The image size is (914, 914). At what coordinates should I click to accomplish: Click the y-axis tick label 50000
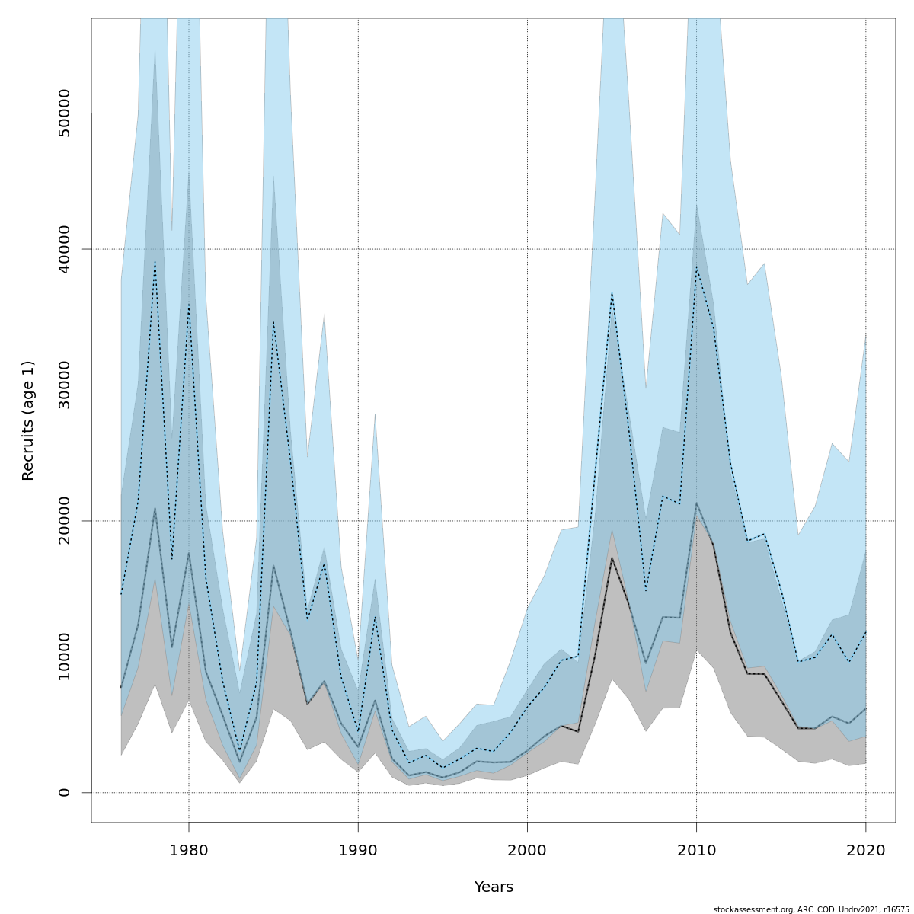point(64,113)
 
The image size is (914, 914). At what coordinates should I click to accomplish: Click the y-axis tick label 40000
point(64,249)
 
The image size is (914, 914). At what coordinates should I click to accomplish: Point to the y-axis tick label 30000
point(64,385)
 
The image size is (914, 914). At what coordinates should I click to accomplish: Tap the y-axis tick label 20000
point(64,521)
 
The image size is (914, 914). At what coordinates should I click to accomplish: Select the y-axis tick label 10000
point(64,657)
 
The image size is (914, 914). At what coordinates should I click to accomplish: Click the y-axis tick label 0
point(64,792)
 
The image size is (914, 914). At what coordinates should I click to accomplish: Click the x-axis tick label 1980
point(189,850)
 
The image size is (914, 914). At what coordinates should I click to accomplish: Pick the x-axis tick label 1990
point(358,850)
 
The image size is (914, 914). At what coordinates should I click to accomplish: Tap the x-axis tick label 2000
point(527,850)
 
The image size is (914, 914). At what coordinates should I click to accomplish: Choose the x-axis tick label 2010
point(696,850)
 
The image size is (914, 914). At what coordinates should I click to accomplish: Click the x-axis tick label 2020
point(865,850)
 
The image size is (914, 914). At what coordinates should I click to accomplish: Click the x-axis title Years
point(494,887)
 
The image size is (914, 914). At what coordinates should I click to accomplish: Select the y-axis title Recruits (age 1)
point(28,420)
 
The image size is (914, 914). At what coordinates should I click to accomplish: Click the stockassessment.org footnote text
point(811,909)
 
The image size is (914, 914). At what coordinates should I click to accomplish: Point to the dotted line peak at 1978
point(155,261)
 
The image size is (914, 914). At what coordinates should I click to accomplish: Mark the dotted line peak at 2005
point(612,292)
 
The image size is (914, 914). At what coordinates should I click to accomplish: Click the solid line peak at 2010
point(696,503)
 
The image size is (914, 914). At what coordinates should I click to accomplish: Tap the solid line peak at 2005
point(612,558)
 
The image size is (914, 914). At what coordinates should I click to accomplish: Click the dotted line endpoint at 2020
point(865,632)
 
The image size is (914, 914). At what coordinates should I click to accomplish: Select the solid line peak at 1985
point(273,565)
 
